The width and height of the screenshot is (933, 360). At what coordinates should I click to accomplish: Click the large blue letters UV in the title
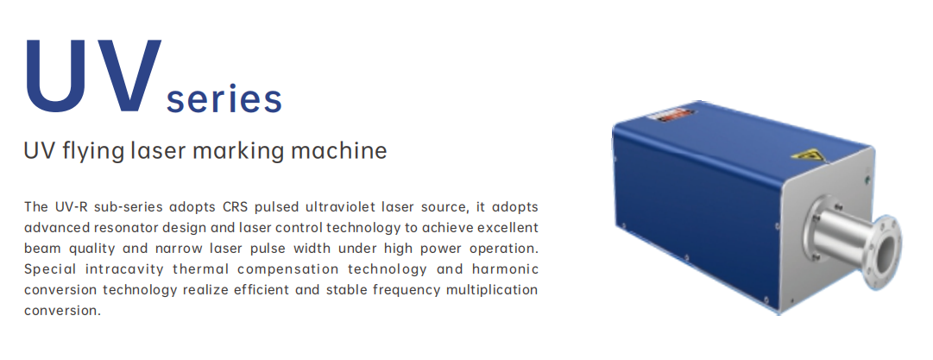coord(93,75)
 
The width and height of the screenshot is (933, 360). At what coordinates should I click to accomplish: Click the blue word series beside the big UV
coord(224,98)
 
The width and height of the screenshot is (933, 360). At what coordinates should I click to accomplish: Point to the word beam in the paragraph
coord(43,248)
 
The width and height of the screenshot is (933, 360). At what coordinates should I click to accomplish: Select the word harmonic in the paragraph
coord(505,269)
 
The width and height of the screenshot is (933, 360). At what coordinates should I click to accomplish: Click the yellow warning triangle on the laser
coord(808,156)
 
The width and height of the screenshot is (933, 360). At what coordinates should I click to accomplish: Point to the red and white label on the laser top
coord(670,115)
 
